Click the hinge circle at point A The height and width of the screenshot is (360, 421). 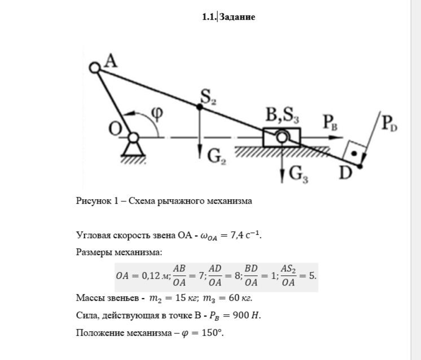(95, 68)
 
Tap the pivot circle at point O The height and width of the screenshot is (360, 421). (133, 137)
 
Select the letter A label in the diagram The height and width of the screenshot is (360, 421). (111, 61)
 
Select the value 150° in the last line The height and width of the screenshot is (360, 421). (212, 333)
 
